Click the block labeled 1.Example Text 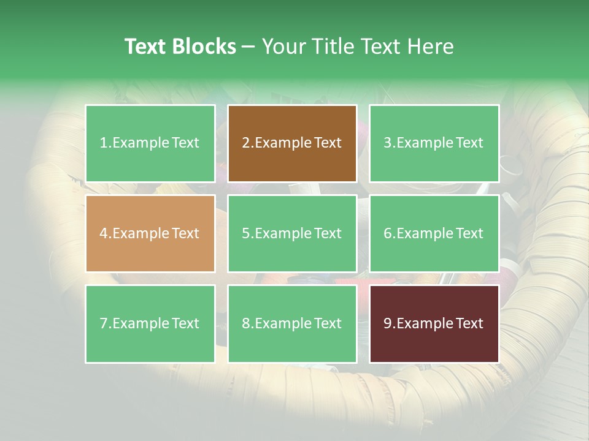[x=150, y=143]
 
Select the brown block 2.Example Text [x=292, y=143]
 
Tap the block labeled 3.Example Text [x=434, y=143]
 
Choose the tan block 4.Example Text [x=150, y=233]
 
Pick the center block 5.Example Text [x=292, y=233]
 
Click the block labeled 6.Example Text [x=434, y=233]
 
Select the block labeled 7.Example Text [x=150, y=323]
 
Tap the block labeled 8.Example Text [x=292, y=323]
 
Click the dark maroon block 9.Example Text [x=434, y=323]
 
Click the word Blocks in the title [x=204, y=47]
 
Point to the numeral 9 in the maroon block [x=387, y=323]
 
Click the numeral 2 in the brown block [x=245, y=143]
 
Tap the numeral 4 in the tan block [x=104, y=233]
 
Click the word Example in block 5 [x=283, y=233]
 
